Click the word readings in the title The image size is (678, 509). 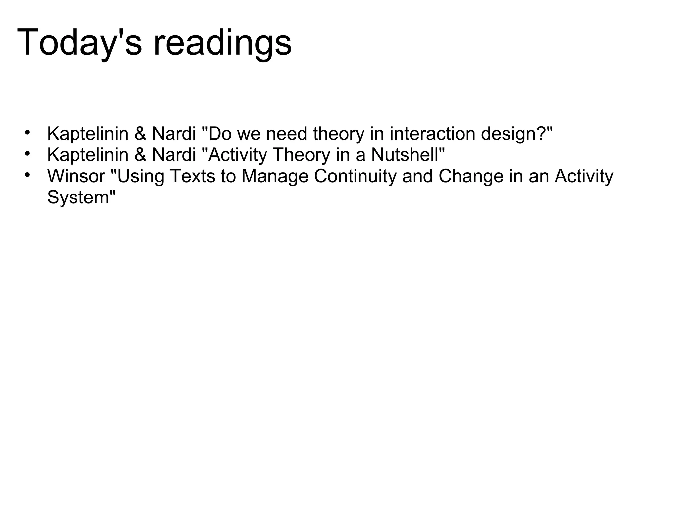(x=222, y=43)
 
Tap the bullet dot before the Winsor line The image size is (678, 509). (x=27, y=174)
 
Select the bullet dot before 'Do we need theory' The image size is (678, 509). (x=27, y=132)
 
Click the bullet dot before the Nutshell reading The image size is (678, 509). (x=27, y=153)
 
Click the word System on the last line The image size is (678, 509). (x=78, y=198)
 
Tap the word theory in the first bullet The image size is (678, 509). (x=338, y=134)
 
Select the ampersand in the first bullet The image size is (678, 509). (x=140, y=134)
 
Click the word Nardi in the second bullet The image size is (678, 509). (x=174, y=155)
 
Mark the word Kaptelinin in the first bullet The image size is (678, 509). (x=88, y=134)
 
